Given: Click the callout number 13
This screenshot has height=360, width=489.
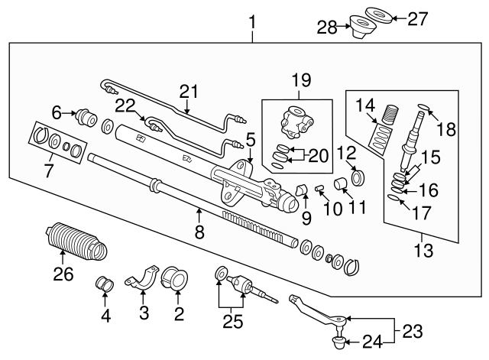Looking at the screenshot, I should click(421, 251).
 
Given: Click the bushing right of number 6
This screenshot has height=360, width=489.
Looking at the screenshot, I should click(86, 119).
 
